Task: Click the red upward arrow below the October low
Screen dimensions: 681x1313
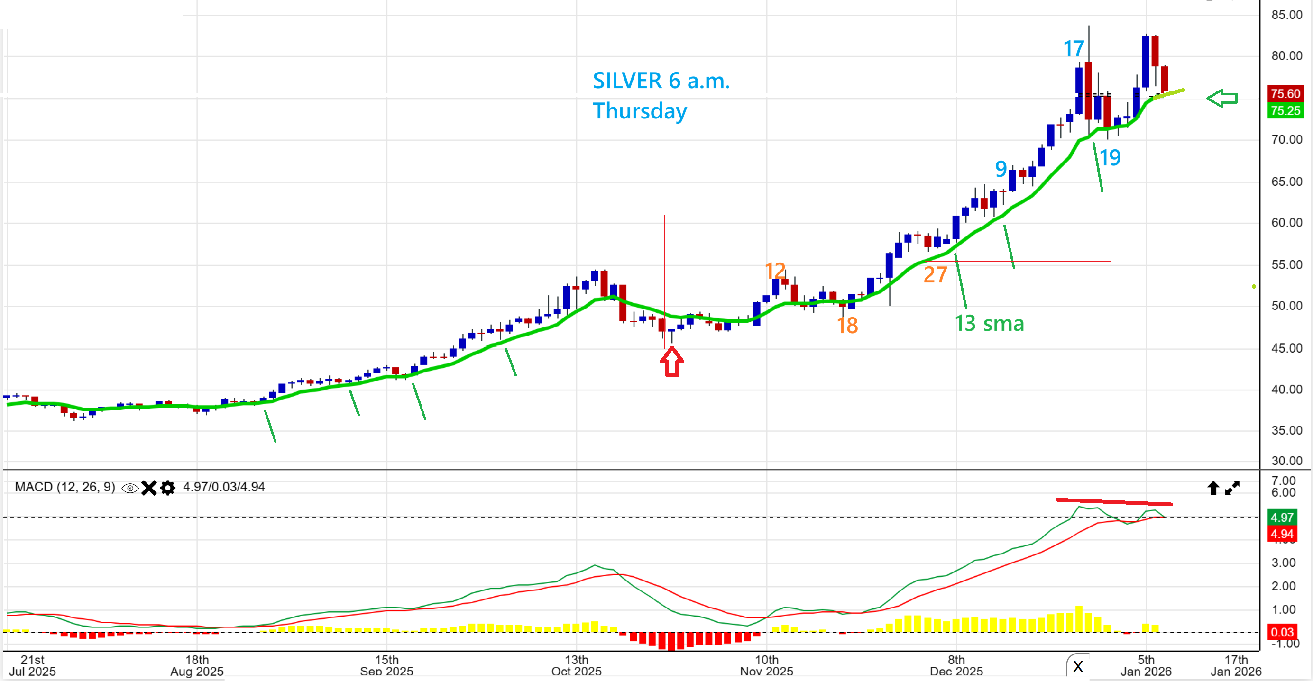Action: tap(672, 362)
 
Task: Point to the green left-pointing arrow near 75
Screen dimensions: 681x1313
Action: tap(1222, 98)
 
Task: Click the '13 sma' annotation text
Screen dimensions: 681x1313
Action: tap(989, 323)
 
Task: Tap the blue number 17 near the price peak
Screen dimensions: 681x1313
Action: tap(1073, 49)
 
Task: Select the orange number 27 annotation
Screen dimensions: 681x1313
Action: tap(935, 275)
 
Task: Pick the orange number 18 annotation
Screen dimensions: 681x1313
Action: tap(847, 326)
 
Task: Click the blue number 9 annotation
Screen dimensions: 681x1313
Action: tap(1001, 169)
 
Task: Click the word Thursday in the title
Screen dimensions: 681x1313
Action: tap(640, 111)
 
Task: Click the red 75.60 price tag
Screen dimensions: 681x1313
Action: tap(1285, 94)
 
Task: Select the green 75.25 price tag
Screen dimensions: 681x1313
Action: tap(1285, 110)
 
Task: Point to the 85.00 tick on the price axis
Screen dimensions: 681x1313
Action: tap(1286, 15)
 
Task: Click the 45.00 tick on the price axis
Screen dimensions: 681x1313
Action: tap(1286, 348)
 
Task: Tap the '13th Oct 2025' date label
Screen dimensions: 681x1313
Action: tap(577, 665)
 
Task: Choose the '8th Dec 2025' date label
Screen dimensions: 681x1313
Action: tap(956, 665)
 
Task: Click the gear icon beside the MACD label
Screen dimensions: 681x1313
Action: tap(168, 488)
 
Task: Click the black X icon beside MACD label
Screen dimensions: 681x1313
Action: tap(149, 488)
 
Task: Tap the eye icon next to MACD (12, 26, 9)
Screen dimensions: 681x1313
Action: tap(130, 488)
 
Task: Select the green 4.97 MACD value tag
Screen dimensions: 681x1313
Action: tap(1281, 518)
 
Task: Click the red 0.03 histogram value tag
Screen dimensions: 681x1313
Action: tap(1281, 632)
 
